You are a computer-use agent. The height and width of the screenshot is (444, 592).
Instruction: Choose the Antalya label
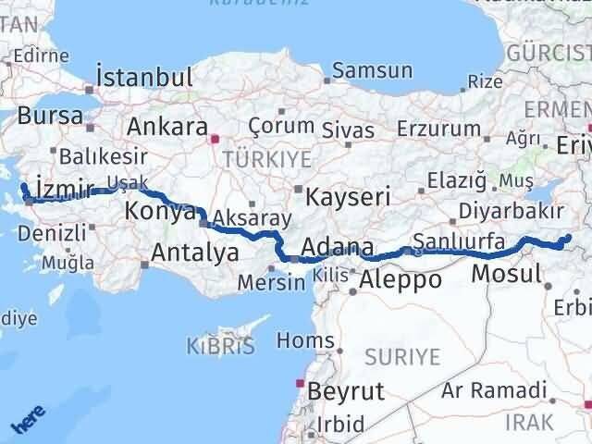[194, 251]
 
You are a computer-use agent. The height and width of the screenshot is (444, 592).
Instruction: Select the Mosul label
[506, 274]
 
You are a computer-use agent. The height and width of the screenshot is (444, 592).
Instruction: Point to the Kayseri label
[348, 196]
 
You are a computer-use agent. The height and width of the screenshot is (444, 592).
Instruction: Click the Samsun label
[372, 70]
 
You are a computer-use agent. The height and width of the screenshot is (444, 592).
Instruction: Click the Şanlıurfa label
[459, 242]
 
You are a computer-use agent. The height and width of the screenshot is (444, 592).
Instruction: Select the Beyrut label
[346, 390]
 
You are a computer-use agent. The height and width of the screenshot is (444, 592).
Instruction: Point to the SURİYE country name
[403, 356]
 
